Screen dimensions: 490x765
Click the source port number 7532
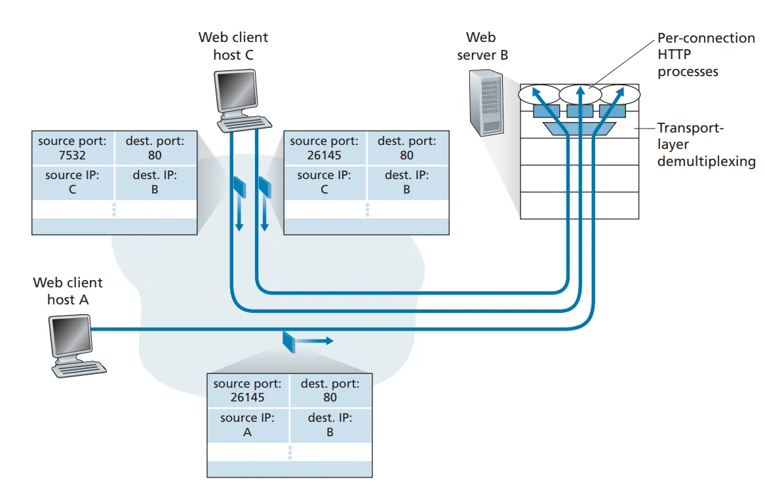[72, 155]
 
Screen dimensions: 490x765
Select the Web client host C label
[233, 47]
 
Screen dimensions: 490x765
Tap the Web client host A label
[68, 291]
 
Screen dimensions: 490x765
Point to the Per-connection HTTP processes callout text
[705, 55]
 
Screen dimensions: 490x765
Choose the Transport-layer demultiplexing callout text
[706, 144]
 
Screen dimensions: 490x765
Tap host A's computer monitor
[71, 336]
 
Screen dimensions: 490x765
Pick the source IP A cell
[247, 425]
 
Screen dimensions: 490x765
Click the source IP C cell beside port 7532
[72, 182]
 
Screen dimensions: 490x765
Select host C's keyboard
[244, 123]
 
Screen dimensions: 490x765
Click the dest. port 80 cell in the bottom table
[330, 390]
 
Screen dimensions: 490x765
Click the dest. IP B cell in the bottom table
[330, 425]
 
